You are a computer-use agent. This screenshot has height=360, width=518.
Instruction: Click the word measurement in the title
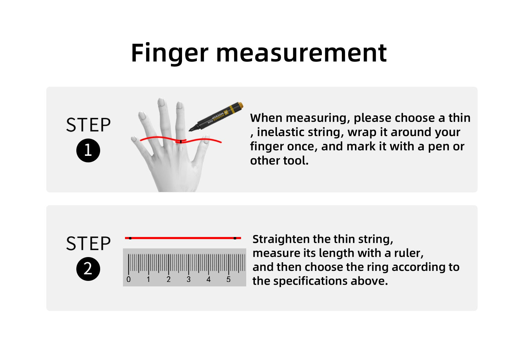(301, 54)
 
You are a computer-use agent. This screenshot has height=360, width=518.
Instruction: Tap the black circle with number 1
(88, 150)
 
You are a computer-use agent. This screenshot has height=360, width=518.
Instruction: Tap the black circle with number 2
(88, 269)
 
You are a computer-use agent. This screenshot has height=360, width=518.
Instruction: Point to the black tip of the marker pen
(190, 131)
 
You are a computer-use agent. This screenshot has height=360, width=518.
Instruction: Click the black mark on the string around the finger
(181, 141)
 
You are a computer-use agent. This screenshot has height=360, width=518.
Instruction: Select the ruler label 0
(128, 280)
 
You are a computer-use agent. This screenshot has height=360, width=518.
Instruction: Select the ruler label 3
(189, 280)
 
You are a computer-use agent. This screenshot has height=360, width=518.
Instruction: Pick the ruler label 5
(229, 280)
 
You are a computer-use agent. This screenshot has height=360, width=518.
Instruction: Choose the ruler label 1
(148, 280)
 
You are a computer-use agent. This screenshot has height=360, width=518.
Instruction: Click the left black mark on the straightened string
(130, 238)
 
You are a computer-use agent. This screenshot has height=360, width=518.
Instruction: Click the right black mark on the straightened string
(235, 238)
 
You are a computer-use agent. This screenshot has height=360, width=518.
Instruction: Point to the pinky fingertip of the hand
(134, 139)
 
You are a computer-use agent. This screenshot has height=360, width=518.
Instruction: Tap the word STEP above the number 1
(88, 125)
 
